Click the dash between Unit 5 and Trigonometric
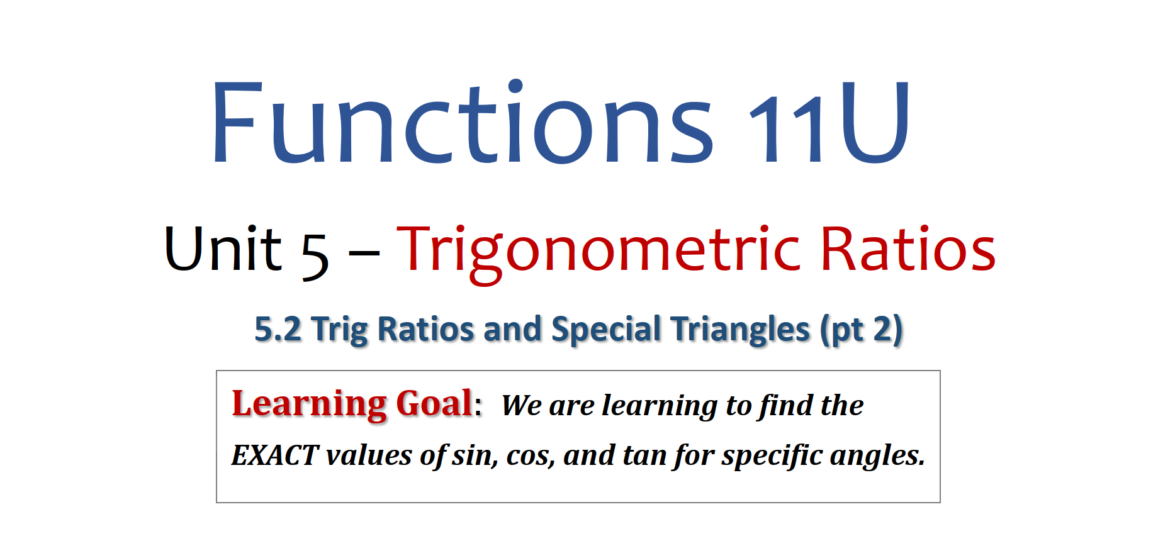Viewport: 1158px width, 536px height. pyautogui.click(x=364, y=254)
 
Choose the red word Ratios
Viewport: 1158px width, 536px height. pyautogui.click(x=908, y=249)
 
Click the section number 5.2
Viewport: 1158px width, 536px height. pyautogui.click(x=278, y=329)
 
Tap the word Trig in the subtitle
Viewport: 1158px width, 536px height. pyautogui.click(x=340, y=330)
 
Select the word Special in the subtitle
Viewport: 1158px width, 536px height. pyautogui.click(x=605, y=330)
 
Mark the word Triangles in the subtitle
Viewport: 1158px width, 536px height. pyautogui.click(x=740, y=330)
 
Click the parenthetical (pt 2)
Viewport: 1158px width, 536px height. pyautogui.click(x=862, y=330)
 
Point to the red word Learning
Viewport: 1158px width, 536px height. pyautogui.click(x=309, y=404)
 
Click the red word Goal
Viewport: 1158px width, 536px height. pyautogui.click(x=434, y=403)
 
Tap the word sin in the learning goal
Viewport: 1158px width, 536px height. pyautogui.click(x=474, y=455)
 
